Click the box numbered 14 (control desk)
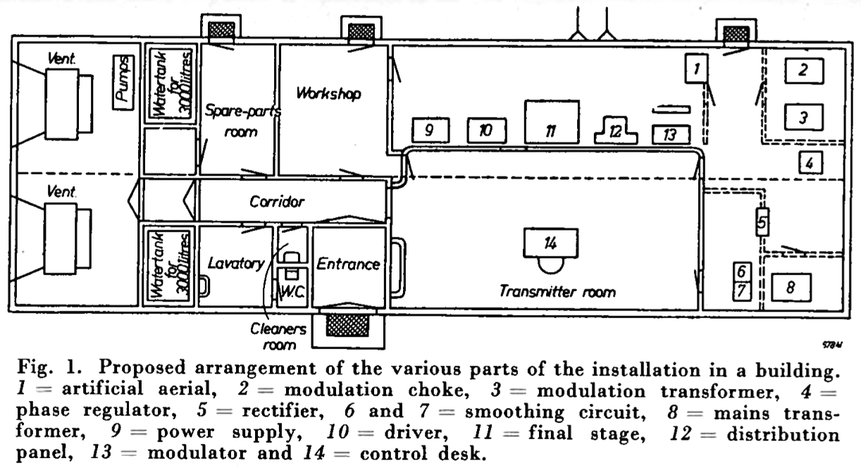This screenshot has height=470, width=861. tap(550, 242)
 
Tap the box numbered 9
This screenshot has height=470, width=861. tap(430, 130)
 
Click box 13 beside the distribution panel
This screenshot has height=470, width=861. tap(670, 134)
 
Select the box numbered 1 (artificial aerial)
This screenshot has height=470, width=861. tap(695, 69)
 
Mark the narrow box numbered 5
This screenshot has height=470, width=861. tap(761, 223)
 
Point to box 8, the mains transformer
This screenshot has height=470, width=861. tap(791, 287)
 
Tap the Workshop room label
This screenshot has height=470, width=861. tap(328, 94)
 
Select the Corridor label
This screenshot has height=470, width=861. tap(277, 202)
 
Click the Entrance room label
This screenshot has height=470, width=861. tap(348, 264)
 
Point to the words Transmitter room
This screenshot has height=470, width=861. tap(557, 291)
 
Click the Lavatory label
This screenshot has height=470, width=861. tap(236, 264)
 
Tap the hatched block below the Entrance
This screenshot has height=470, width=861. tap(348, 326)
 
